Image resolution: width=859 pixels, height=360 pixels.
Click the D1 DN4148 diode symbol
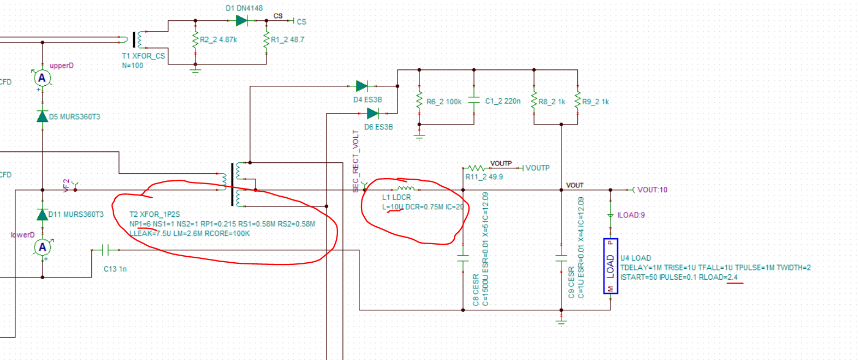click(x=241, y=21)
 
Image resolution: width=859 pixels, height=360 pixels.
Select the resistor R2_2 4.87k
click(x=196, y=39)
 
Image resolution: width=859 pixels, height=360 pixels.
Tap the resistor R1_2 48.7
click(x=266, y=39)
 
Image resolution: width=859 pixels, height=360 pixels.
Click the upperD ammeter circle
click(x=42, y=78)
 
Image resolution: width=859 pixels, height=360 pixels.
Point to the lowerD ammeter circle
click(x=42, y=247)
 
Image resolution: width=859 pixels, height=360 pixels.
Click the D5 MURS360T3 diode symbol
click(x=42, y=116)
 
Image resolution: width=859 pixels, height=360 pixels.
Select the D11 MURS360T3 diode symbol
click(x=42, y=214)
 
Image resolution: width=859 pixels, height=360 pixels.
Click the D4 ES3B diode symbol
click(x=362, y=86)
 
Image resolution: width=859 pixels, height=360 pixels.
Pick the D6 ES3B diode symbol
click(x=372, y=114)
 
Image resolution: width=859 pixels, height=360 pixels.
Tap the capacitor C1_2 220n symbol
click(x=474, y=102)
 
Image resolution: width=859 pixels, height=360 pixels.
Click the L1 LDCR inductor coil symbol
click(x=406, y=188)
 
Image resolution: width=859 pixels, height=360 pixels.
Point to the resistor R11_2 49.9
click(x=476, y=168)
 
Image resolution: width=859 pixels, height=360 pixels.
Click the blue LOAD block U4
click(x=611, y=266)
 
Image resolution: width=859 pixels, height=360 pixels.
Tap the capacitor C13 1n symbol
click(x=106, y=250)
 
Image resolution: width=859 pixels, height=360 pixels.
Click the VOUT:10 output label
click(x=652, y=190)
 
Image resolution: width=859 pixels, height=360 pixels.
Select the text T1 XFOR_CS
click(x=143, y=56)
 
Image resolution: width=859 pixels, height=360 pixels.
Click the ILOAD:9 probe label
click(x=631, y=215)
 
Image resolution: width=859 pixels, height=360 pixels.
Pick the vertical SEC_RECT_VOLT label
click(x=356, y=161)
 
